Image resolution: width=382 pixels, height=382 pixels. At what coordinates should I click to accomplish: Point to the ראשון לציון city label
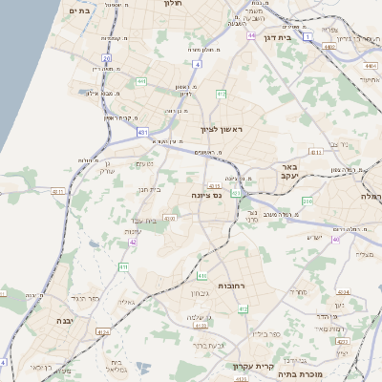coord(222,129)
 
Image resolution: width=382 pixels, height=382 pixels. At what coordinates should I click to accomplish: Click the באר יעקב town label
coord(291,170)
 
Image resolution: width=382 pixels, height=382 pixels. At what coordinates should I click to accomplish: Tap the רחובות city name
coord(235,286)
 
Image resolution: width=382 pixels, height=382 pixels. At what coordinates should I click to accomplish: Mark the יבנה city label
coord(67,321)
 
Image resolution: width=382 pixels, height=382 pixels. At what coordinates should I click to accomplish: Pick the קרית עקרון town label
coord(252,366)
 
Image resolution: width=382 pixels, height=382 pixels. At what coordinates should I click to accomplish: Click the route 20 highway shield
coord(107,58)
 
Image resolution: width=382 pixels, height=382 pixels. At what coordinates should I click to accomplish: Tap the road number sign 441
coord(140,81)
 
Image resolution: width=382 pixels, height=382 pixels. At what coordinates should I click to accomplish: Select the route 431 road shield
coord(142,131)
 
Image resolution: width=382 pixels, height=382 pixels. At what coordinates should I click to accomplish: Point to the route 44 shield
coord(250,35)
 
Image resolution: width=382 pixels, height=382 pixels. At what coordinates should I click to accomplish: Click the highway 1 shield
coord(308,38)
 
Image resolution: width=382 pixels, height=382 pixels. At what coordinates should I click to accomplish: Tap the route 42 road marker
coord(133,243)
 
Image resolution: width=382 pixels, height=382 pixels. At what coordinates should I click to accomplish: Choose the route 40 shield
coord(335,239)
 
